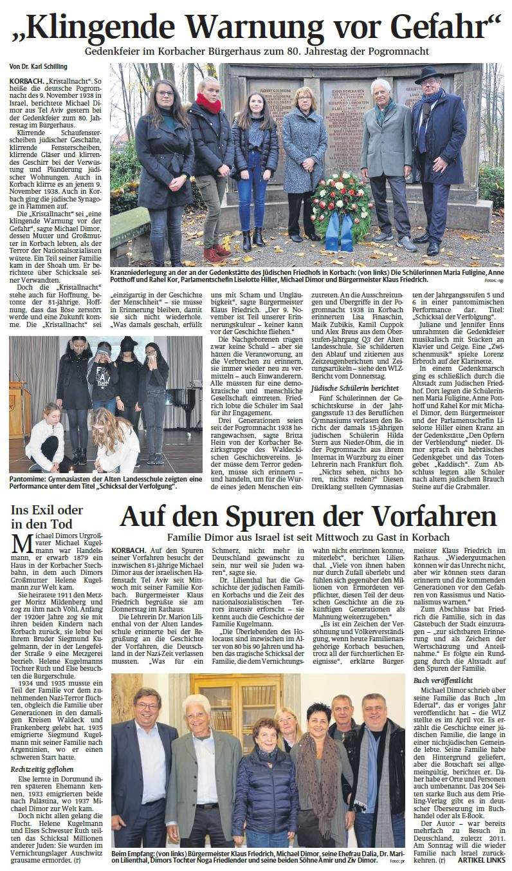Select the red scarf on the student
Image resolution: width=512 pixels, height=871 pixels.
208,102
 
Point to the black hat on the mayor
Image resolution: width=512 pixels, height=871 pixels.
427,74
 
